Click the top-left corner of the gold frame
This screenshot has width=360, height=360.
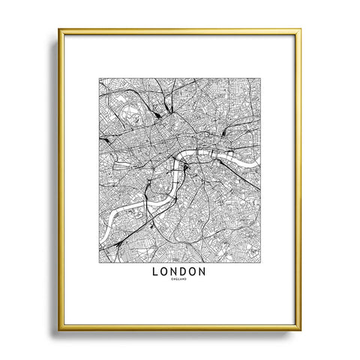[x=59, y=30]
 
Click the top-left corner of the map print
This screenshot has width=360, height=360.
[x=97, y=76]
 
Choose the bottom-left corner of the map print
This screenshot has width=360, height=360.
[x=97, y=255]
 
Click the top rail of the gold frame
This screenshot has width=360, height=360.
[x=180, y=31]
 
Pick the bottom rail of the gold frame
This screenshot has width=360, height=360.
[x=180, y=328]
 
